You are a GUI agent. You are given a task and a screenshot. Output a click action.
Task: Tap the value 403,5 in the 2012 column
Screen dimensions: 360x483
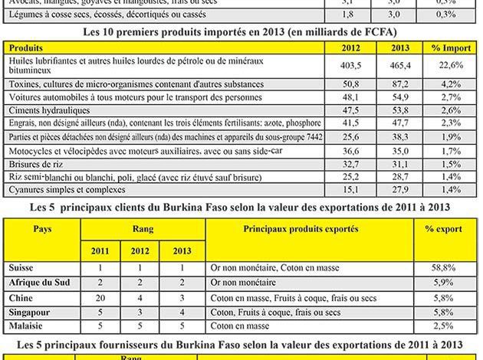[x=350, y=67]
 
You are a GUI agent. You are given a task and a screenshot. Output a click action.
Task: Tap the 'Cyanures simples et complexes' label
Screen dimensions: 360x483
[x=64, y=189]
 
